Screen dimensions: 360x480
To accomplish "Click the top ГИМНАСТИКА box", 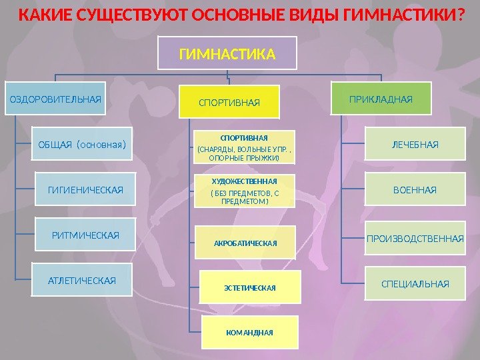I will pyautogui.click(x=227, y=53).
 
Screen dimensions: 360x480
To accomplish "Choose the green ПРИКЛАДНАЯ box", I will pyautogui.click(x=381, y=99).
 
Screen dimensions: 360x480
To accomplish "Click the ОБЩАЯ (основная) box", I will pyautogui.click(x=82, y=144).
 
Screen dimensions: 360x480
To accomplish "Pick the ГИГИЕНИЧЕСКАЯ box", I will pyautogui.click(x=85, y=190).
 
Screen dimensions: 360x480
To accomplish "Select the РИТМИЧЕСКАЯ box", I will pyautogui.click(x=85, y=235).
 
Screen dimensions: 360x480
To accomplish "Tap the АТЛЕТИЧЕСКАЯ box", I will pyautogui.click(x=82, y=280).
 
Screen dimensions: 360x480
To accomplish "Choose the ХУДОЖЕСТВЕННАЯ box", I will pyautogui.click(x=244, y=191).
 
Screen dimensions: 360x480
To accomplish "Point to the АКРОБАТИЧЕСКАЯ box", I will pyautogui.click(x=245, y=243).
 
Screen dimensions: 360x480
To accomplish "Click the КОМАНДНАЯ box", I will pyautogui.click(x=249, y=331).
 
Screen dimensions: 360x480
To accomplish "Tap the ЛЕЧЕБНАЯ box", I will pyautogui.click(x=415, y=144).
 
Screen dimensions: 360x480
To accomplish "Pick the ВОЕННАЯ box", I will pyautogui.click(x=415, y=190).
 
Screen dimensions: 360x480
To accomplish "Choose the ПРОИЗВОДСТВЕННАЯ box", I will pyautogui.click(x=415, y=238).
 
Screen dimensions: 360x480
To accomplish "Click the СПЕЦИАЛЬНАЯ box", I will pyautogui.click(x=415, y=284).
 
